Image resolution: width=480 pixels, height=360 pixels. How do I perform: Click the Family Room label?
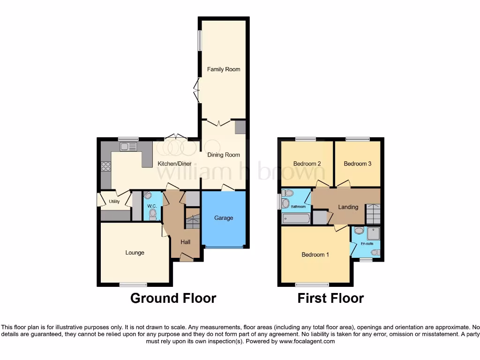point(224,69)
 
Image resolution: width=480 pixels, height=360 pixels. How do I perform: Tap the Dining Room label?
point(224,155)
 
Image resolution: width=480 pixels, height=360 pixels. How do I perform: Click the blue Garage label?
point(224,218)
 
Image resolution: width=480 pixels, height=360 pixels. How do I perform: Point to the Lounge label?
point(135,253)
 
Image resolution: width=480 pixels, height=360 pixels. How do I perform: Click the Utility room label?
point(114,202)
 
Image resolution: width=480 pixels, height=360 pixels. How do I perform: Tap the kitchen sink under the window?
point(128,147)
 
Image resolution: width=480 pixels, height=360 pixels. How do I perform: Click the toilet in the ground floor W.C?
point(152,214)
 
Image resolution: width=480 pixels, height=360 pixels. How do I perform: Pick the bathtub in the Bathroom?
point(296,218)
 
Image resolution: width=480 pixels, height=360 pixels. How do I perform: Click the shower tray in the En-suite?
point(373,233)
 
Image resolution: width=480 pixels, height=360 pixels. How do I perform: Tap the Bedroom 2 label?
point(307,164)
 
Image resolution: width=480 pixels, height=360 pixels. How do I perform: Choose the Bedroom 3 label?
point(357,164)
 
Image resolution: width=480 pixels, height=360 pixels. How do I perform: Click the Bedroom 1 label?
point(315,255)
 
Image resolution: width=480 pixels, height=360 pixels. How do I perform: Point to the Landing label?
point(348,207)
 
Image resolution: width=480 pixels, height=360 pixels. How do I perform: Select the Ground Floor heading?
point(173,298)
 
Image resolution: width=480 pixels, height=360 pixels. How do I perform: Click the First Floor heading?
point(330,298)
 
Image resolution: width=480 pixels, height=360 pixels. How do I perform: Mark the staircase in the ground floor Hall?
point(193,221)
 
